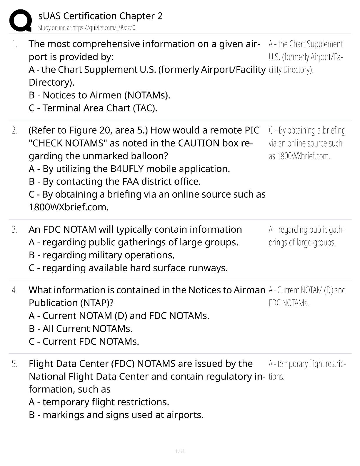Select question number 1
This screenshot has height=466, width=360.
click(14, 44)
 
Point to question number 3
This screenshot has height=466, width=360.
click(14, 229)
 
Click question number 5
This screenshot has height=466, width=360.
click(14, 364)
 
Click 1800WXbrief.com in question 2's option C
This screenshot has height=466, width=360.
click(69, 207)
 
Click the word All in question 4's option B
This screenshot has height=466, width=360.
click(48, 329)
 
